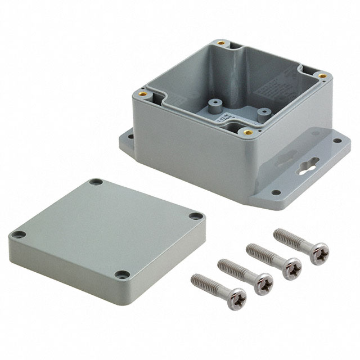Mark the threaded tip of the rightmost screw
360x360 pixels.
point(278,232)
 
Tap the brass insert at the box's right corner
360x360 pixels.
point(322,75)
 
